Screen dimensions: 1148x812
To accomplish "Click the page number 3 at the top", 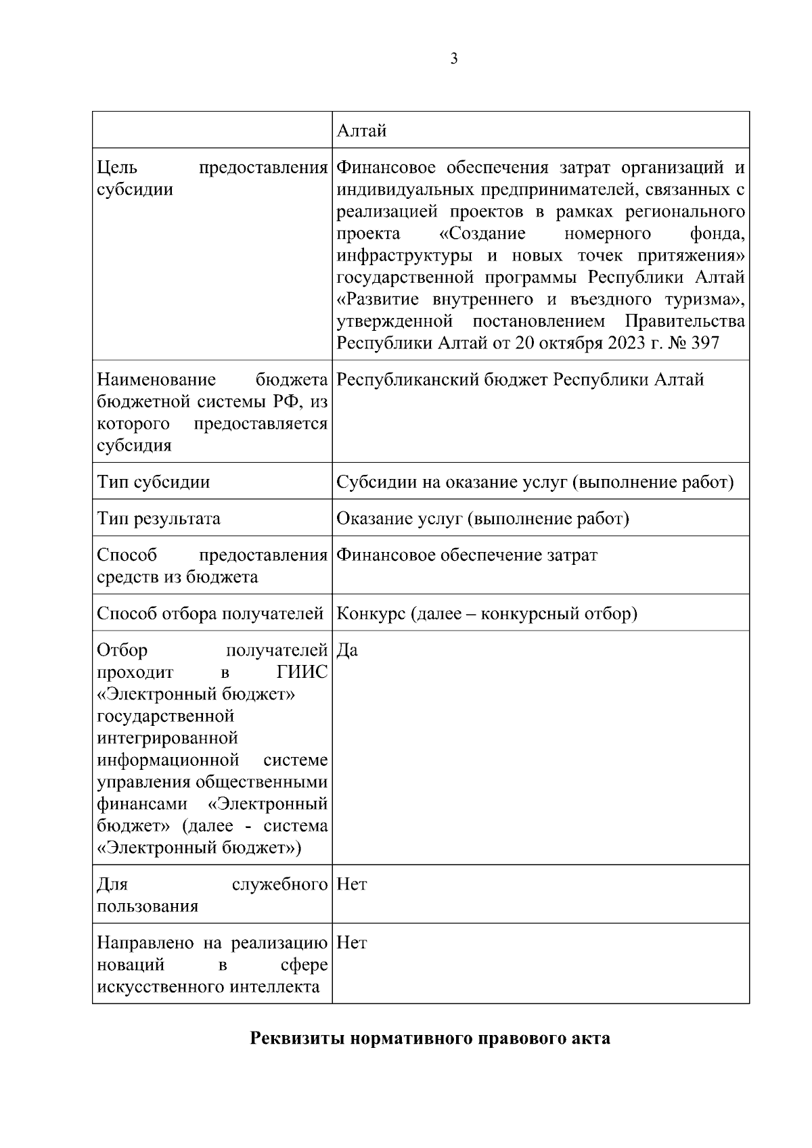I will click(x=453, y=59).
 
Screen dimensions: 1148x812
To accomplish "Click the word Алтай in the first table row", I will click(x=361, y=131).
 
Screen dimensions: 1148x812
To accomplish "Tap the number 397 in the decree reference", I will click(x=704, y=343).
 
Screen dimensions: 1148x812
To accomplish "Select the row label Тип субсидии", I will click(x=154, y=482).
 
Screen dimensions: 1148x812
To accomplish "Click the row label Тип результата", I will click(x=158, y=519).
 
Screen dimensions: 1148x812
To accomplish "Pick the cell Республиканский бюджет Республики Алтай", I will click(x=520, y=380).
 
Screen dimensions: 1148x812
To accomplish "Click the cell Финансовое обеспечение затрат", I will click(x=467, y=555).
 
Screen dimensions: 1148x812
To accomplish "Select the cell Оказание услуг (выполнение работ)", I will click(x=482, y=519).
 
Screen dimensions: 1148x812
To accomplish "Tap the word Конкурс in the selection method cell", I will click(x=371, y=614).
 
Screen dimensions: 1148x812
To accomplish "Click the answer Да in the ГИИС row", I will click(x=347, y=650).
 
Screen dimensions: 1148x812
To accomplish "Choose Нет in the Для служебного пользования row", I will click(x=351, y=884).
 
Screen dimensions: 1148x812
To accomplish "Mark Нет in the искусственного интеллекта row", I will click(x=351, y=942).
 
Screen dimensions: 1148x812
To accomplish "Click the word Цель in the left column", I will click(x=117, y=167).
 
